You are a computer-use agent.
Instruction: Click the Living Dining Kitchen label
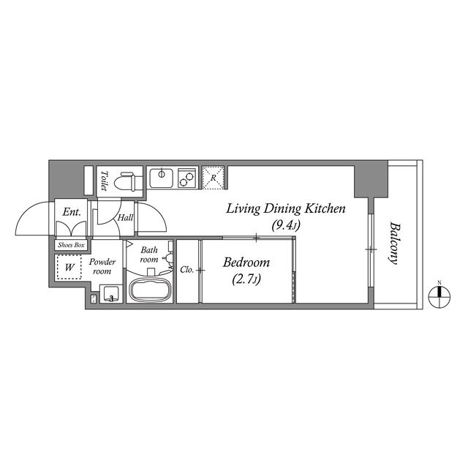coord(284,209)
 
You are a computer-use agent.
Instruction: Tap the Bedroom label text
coord(246,263)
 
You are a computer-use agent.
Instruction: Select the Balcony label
coord(396,243)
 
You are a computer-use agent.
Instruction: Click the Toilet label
coord(105,181)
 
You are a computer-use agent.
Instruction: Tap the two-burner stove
coord(185,176)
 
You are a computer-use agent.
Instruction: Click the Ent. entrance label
coord(71,212)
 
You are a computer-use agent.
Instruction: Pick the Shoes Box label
coord(71,245)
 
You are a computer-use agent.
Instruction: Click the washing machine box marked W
coord(69,268)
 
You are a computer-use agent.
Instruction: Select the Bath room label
coord(149,254)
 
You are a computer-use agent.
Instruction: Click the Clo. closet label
coord(186,270)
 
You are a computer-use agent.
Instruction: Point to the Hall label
coord(125,217)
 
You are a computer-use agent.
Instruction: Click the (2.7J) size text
coord(246,279)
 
